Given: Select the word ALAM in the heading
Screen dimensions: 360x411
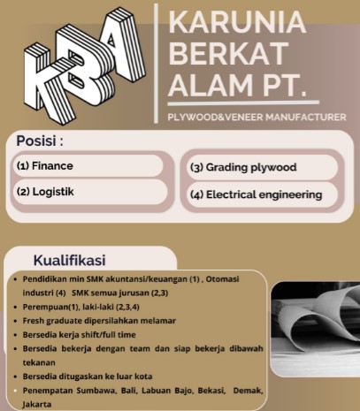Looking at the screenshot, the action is [203, 88].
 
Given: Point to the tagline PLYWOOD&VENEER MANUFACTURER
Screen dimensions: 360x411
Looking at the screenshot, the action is [256, 117].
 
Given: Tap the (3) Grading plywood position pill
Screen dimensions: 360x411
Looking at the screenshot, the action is [261, 167].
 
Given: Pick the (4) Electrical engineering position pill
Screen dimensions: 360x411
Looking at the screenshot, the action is [261, 194].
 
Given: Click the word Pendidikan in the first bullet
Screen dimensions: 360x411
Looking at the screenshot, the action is [50, 278].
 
